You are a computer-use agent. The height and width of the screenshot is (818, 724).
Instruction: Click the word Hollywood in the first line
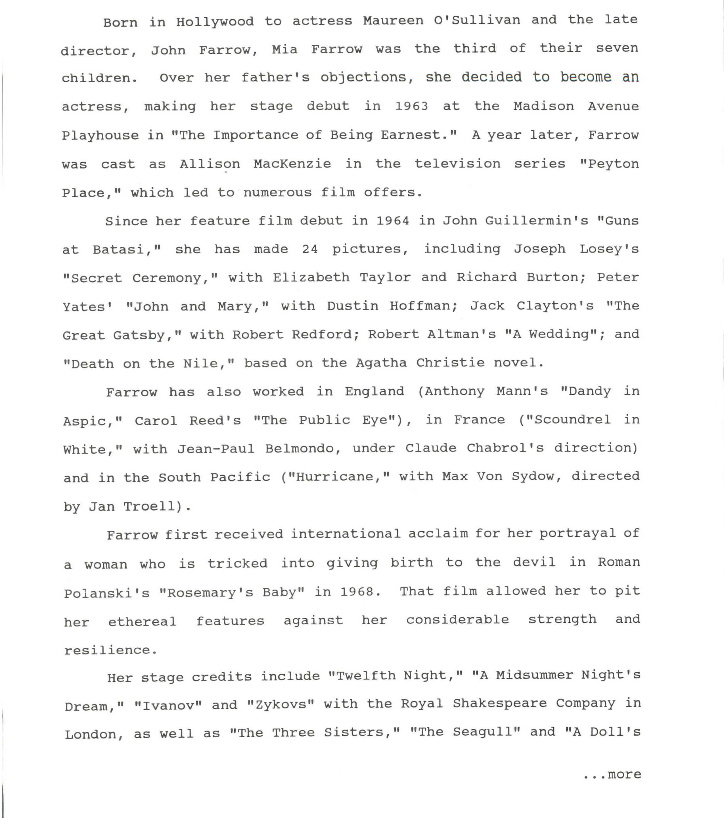pos(215,22)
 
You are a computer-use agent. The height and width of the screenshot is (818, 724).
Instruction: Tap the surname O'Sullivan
pos(477,20)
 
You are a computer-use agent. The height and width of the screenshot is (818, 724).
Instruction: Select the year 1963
pos(411,106)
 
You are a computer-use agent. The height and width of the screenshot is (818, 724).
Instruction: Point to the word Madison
pos(543,106)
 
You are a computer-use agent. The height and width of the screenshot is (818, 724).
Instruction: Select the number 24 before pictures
pos(310,249)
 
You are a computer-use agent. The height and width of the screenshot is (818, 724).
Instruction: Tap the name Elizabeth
pos(311,278)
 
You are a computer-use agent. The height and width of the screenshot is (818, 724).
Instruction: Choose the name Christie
pos(450,363)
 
